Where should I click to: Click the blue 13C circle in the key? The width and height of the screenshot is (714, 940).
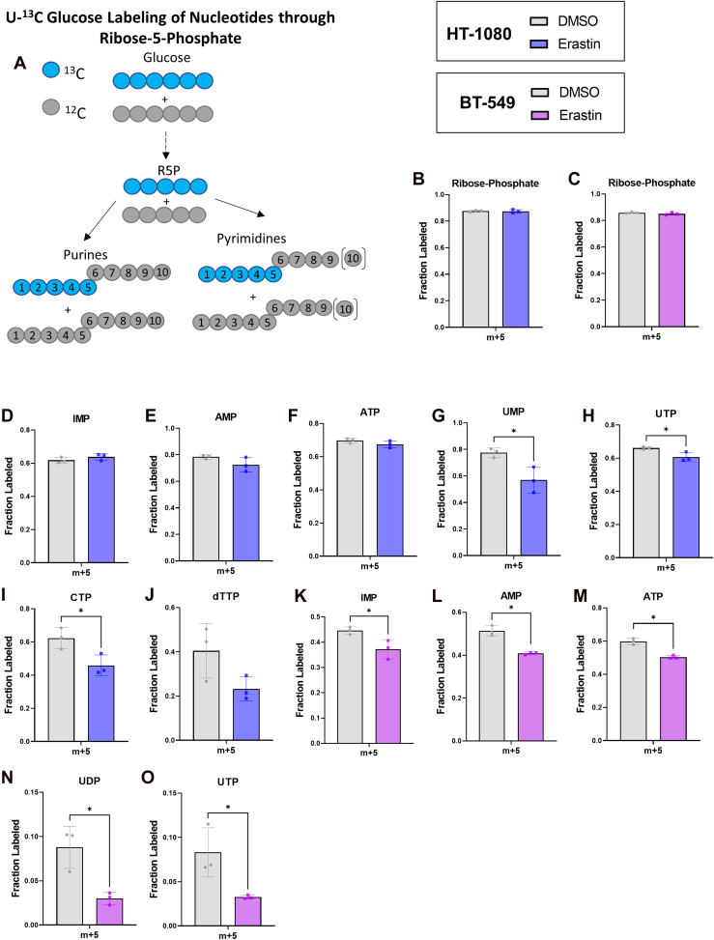(x=55, y=71)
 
